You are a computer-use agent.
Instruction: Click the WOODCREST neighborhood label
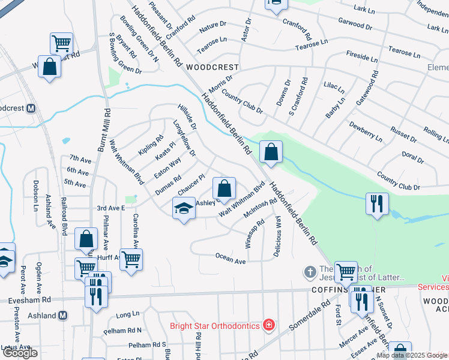click(212, 67)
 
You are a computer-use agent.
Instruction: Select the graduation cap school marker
click(184, 209)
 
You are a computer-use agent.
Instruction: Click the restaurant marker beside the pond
click(376, 204)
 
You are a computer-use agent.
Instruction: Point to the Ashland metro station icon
click(64, 315)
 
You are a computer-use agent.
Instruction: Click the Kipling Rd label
click(151, 145)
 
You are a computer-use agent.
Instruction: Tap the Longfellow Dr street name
click(184, 139)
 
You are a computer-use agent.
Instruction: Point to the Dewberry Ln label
click(365, 131)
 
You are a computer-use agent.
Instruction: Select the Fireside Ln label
click(362, 58)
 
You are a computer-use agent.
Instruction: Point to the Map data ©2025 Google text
click(412, 355)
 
